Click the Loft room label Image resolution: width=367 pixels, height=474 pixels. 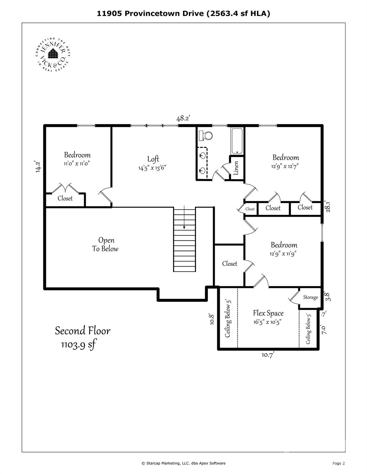153,159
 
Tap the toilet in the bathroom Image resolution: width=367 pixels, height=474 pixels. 206,135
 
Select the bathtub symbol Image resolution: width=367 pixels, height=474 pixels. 237,141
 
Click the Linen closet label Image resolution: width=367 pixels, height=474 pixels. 236,168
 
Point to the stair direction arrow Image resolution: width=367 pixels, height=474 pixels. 184,217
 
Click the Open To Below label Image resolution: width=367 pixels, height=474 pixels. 105,244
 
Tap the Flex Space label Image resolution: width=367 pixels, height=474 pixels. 268,313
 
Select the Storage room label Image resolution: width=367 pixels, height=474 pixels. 311,297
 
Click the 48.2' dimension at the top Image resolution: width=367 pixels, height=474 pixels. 183,118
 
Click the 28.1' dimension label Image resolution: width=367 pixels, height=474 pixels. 328,206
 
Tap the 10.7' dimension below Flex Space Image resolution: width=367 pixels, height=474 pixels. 268,355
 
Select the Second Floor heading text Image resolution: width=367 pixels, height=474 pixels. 83,331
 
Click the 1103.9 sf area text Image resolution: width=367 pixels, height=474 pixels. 78,345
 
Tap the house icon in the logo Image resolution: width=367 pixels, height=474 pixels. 53,53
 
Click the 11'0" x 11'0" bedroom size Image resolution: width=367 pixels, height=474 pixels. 77,163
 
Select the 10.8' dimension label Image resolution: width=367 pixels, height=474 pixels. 212,319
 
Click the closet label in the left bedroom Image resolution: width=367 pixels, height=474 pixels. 65,198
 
